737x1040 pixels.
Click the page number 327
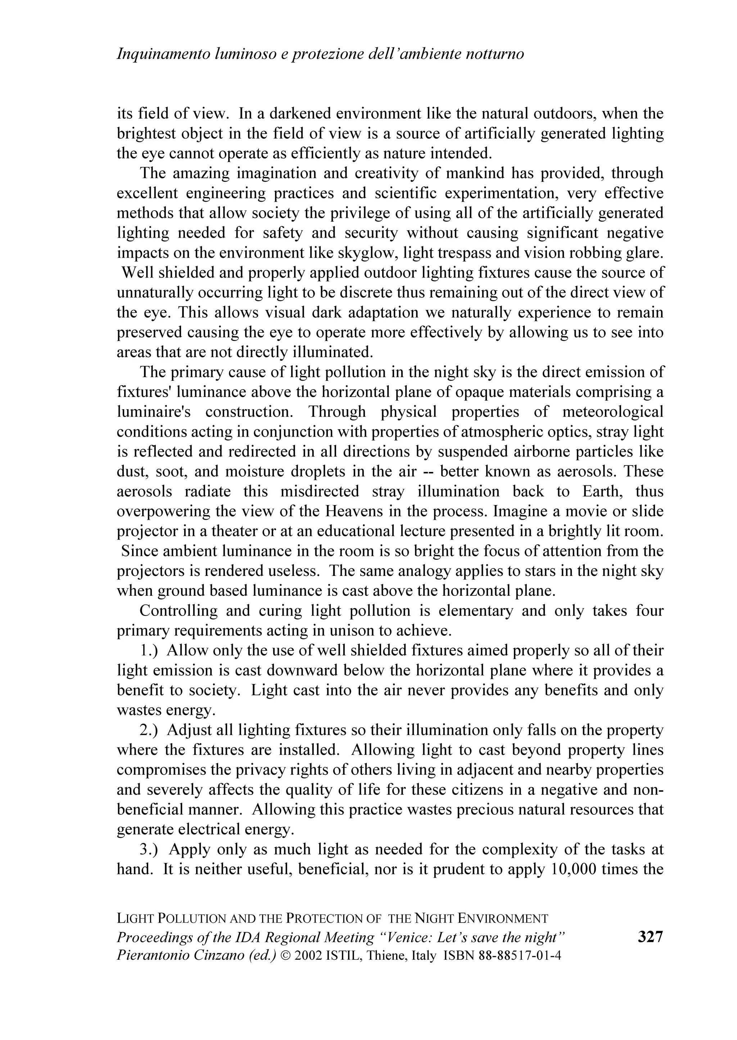click(x=650, y=936)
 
